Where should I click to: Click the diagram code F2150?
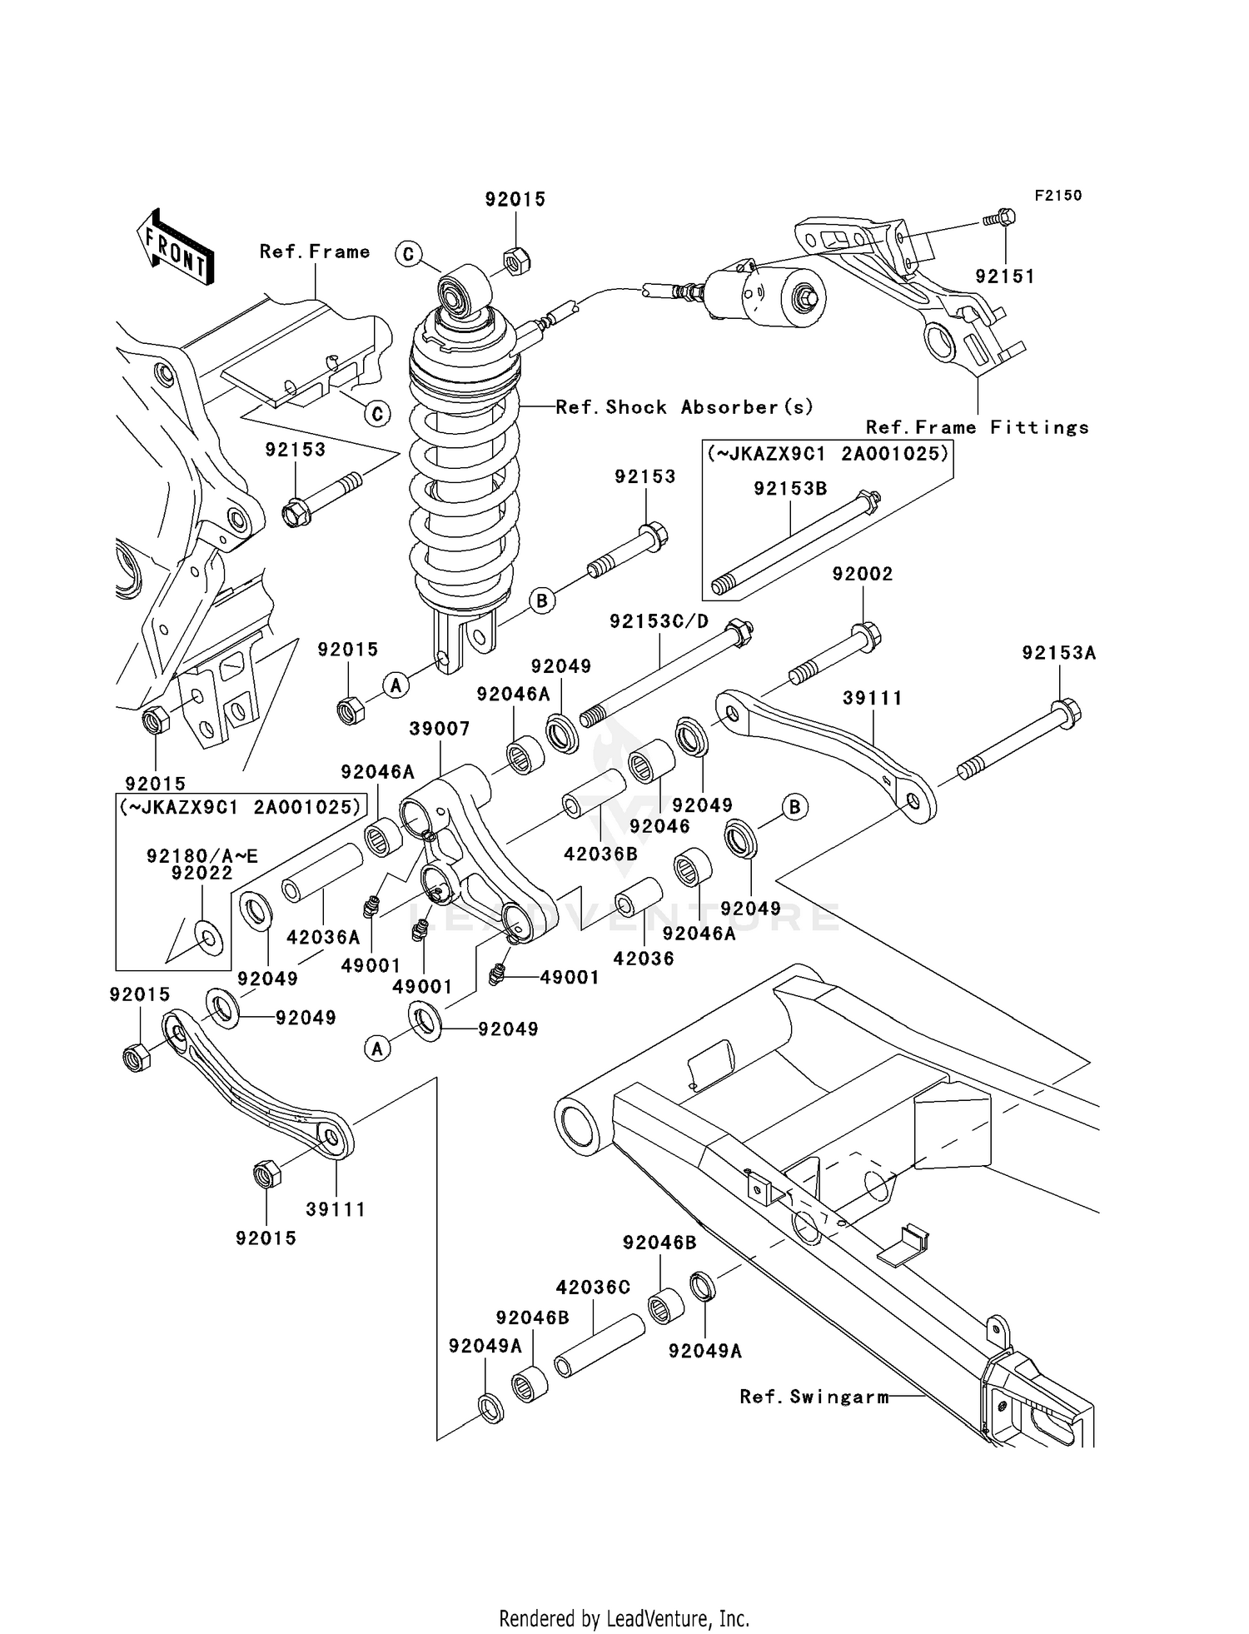1057,195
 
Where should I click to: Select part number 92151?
1004,276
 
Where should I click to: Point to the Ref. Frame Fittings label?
977,427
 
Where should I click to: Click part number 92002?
862,574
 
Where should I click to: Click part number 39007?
440,729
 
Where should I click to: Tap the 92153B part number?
790,489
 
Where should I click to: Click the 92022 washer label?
202,873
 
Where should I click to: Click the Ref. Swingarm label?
814,1397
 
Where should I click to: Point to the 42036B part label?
600,853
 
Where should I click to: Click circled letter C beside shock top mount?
408,254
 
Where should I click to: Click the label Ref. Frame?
314,252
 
